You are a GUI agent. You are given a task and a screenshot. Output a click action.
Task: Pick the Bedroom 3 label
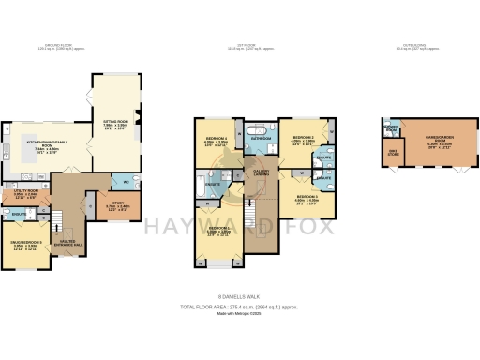click(x=306, y=199)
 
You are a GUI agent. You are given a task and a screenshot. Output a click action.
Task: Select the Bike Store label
click(x=394, y=154)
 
